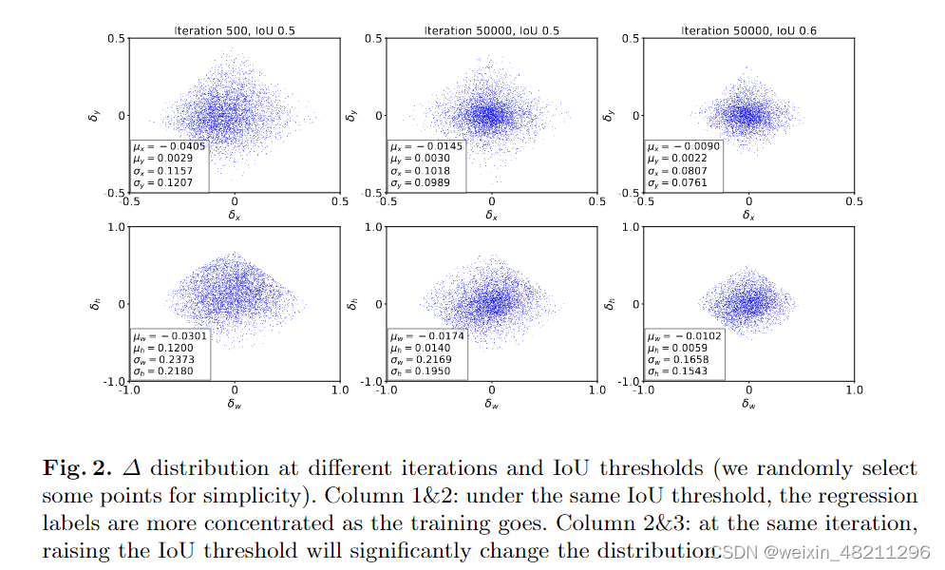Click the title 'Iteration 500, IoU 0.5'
(x=235, y=31)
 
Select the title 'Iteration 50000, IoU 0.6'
(x=748, y=31)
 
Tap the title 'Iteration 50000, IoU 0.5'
(x=492, y=31)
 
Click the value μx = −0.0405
(x=167, y=147)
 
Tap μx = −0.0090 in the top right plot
(x=680, y=147)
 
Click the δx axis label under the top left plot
(x=235, y=216)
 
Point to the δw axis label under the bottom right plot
(x=748, y=404)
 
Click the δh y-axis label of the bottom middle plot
(x=351, y=304)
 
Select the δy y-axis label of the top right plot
(x=609, y=115)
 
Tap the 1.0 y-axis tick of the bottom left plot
(x=118, y=227)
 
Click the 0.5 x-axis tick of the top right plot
(x=854, y=201)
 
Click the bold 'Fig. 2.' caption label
(x=77, y=469)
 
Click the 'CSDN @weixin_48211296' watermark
(x=822, y=552)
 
